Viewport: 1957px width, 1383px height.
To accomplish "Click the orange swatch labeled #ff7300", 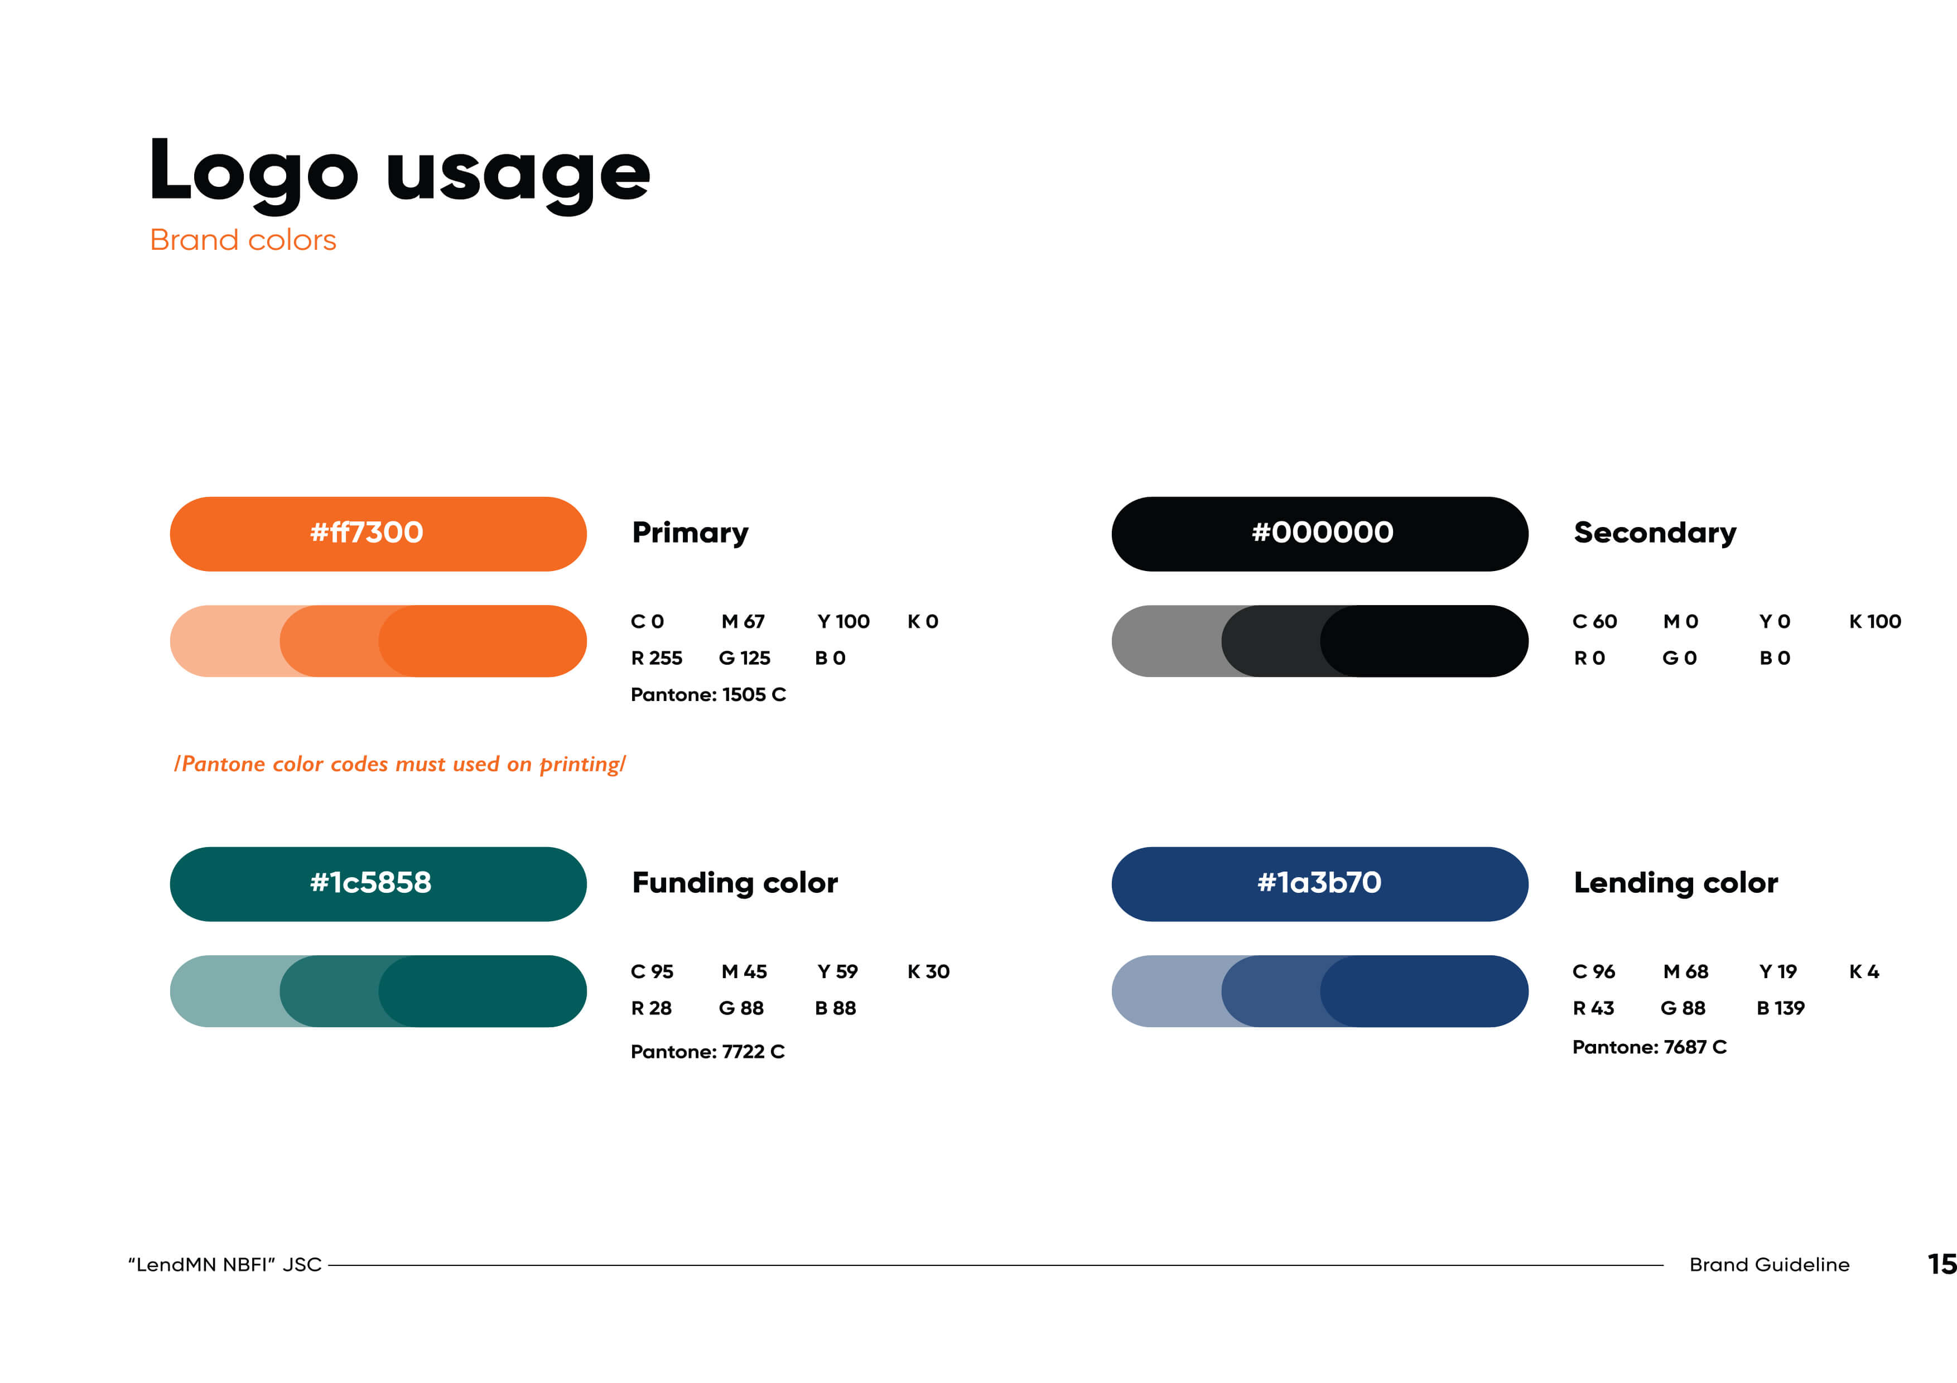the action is pos(378,534).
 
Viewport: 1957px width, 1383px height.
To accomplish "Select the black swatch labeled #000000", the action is pos(1319,534).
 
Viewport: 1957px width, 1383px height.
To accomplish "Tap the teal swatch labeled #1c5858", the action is pos(378,884).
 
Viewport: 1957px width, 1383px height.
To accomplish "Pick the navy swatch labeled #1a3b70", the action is pos(1319,884).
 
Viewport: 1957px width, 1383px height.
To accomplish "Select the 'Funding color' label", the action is pos(735,883).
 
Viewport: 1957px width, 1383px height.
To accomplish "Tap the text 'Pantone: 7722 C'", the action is pos(707,1052).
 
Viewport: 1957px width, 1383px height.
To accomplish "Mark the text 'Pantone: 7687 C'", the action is pos(1649,1046).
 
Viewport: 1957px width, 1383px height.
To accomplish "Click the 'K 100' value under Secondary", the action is pos(1875,621).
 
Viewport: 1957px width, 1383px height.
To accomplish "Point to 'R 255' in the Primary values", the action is pos(656,658).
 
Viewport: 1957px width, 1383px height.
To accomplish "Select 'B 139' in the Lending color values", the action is pos(1781,1008).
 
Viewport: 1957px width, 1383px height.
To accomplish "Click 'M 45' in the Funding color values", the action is pos(744,971).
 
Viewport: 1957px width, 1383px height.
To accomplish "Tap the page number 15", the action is pos(1941,1264).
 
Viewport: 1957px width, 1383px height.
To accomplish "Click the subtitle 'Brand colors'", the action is pos(243,240).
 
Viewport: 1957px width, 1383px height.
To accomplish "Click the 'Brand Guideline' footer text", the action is pos(1770,1265).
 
